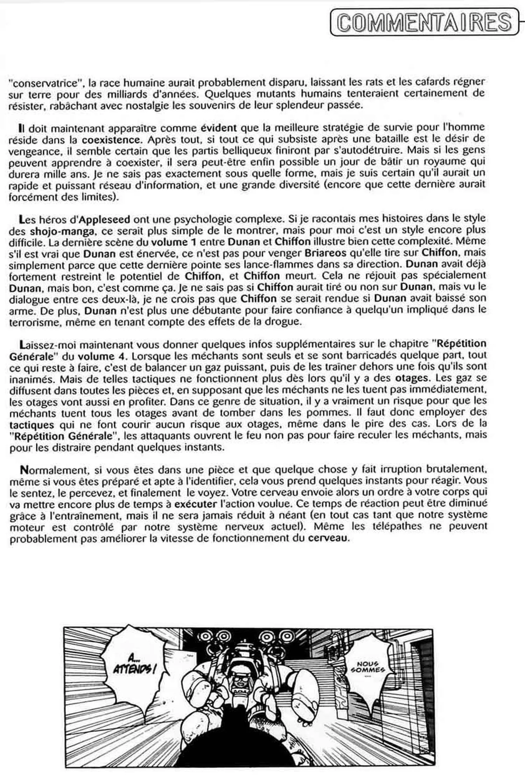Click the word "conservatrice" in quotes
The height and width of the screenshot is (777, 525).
(37, 83)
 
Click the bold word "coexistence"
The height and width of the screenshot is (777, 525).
(111, 140)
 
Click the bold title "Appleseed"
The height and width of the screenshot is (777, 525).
(105, 219)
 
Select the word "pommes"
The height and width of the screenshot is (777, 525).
(328, 412)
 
